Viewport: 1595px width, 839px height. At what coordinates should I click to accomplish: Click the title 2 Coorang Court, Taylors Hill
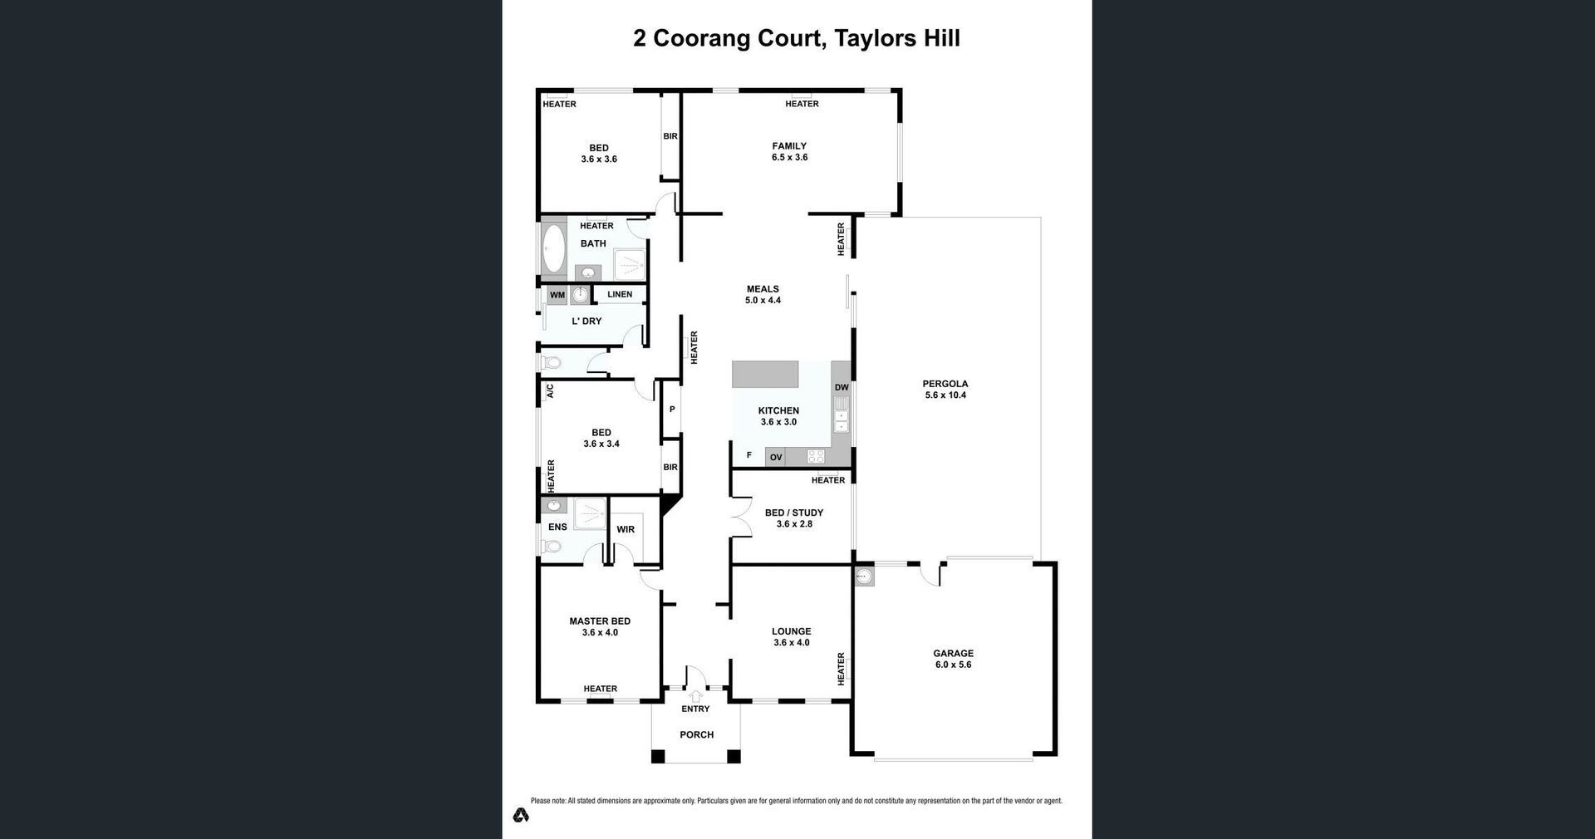pyautogui.click(x=797, y=39)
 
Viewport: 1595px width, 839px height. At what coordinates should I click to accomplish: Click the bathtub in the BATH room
pyautogui.click(x=553, y=248)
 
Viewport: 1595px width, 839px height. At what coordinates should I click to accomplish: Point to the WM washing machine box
pyautogui.click(x=557, y=295)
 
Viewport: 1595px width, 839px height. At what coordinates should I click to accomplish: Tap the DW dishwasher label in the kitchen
pyautogui.click(x=842, y=388)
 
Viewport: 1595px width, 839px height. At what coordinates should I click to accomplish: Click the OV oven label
pyautogui.click(x=776, y=457)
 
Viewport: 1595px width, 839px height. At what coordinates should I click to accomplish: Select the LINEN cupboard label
pyautogui.click(x=620, y=294)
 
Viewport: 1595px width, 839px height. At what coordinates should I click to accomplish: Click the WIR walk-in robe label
pyautogui.click(x=626, y=529)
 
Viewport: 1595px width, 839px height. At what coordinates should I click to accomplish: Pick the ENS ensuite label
pyautogui.click(x=557, y=527)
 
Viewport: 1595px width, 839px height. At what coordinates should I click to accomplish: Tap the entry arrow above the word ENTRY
pyautogui.click(x=695, y=696)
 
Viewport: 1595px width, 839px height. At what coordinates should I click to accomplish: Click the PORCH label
pyautogui.click(x=697, y=734)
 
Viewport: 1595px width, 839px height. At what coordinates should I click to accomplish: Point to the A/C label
pyautogui.click(x=550, y=390)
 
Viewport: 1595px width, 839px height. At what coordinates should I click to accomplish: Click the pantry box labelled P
pyautogui.click(x=671, y=409)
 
